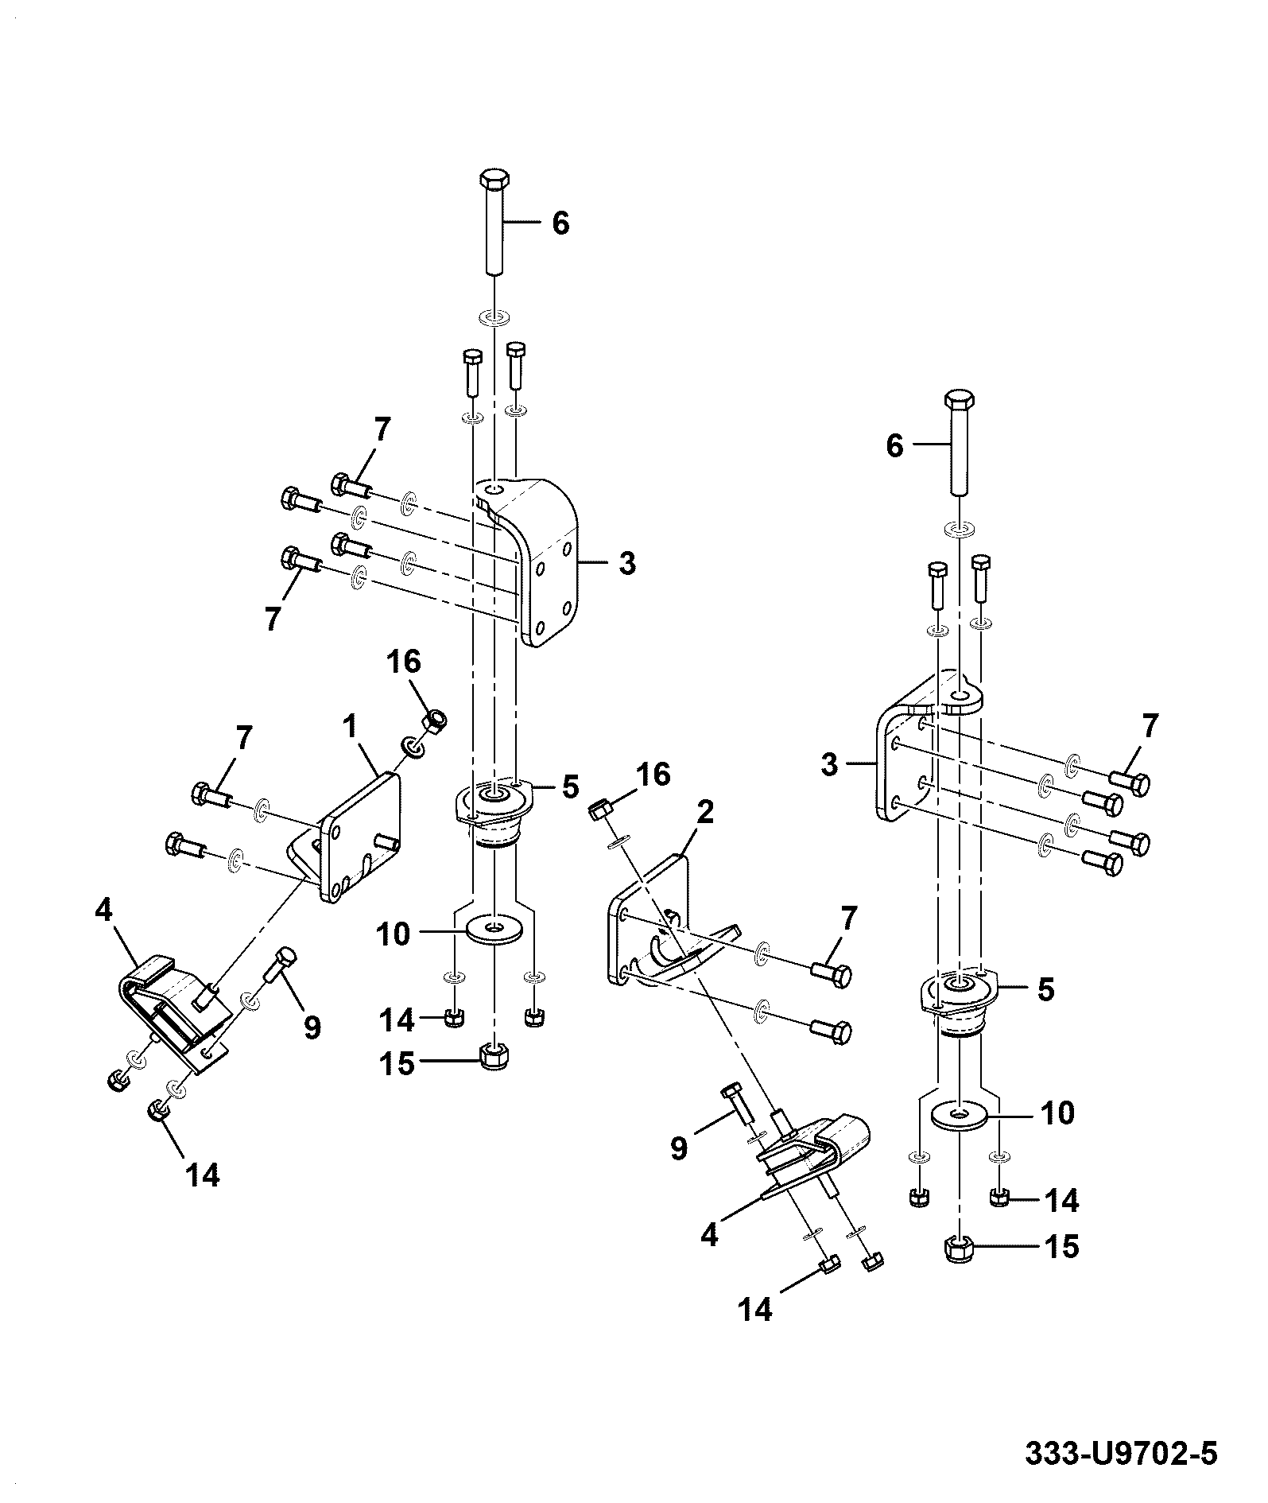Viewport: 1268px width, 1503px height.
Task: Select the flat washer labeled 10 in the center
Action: (494, 929)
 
